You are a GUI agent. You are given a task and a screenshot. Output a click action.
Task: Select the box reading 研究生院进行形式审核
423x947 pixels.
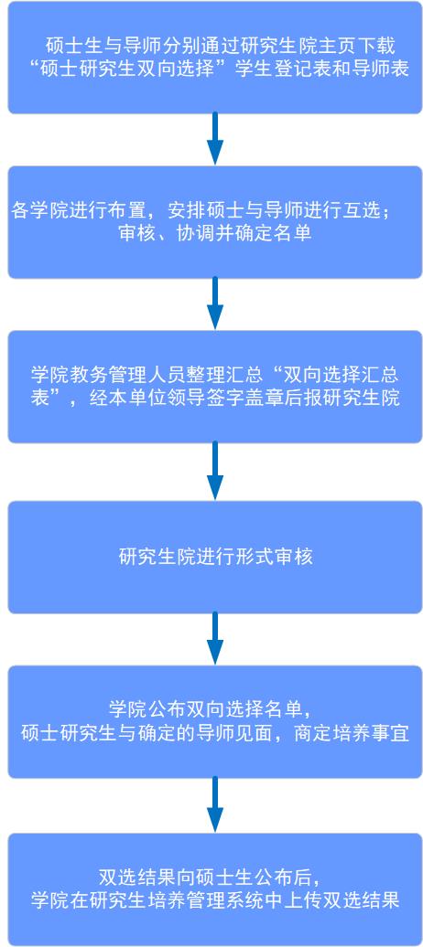point(215,557)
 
